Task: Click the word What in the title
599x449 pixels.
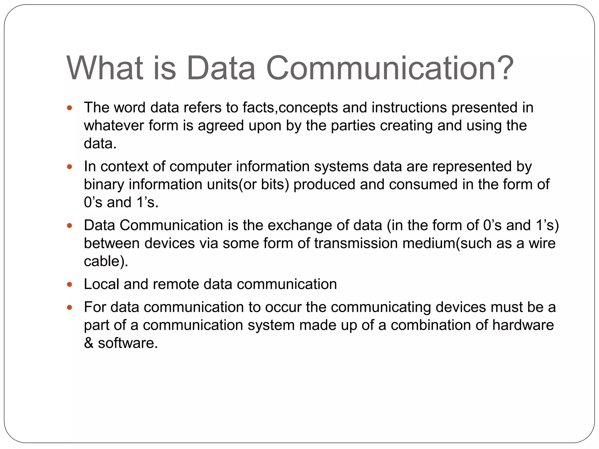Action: pos(105,68)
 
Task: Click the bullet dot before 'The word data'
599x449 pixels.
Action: pos(69,108)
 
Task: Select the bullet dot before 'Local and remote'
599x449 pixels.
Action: pos(69,284)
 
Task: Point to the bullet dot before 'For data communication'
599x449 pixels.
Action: pos(69,308)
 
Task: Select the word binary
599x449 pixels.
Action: pos(104,185)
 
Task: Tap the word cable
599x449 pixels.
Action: pos(101,261)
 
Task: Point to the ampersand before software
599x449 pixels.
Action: pos(88,343)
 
